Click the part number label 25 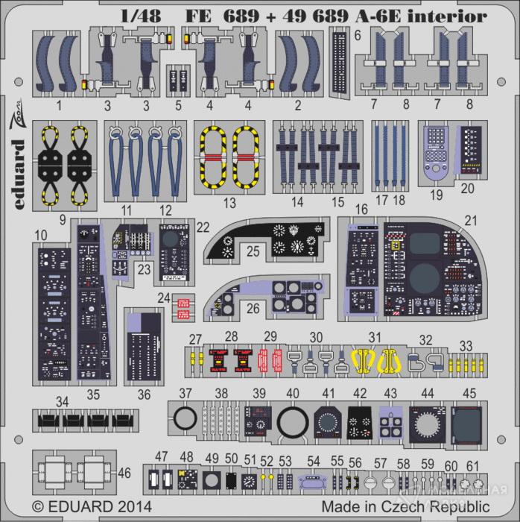pyautogui.click(x=253, y=252)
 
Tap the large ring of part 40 pyautogui.click(x=293, y=422)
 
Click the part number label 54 pyautogui.click(x=314, y=462)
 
